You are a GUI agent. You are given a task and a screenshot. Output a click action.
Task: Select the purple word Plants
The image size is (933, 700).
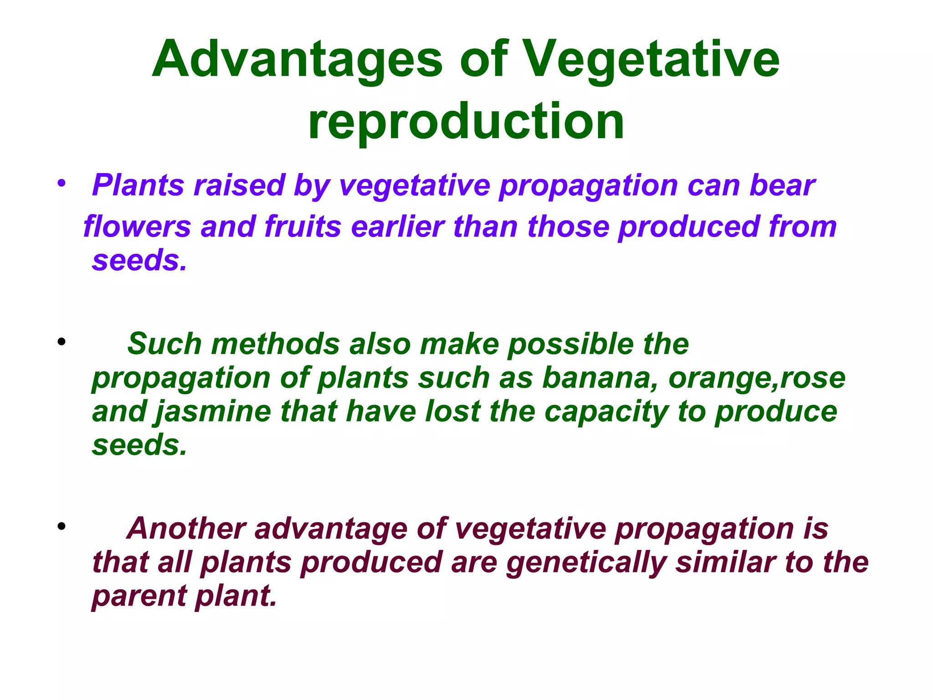(x=137, y=185)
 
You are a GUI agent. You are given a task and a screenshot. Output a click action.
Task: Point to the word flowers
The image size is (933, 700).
(x=137, y=226)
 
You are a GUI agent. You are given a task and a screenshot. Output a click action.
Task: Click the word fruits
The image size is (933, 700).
(x=302, y=226)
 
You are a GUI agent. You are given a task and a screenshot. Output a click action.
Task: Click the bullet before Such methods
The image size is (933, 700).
(x=62, y=341)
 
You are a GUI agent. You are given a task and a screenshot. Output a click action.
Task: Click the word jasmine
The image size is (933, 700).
(x=214, y=412)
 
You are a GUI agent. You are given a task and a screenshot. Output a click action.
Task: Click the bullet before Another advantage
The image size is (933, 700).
(x=62, y=526)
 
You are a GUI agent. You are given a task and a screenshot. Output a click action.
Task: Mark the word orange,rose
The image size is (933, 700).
(x=757, y=378)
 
